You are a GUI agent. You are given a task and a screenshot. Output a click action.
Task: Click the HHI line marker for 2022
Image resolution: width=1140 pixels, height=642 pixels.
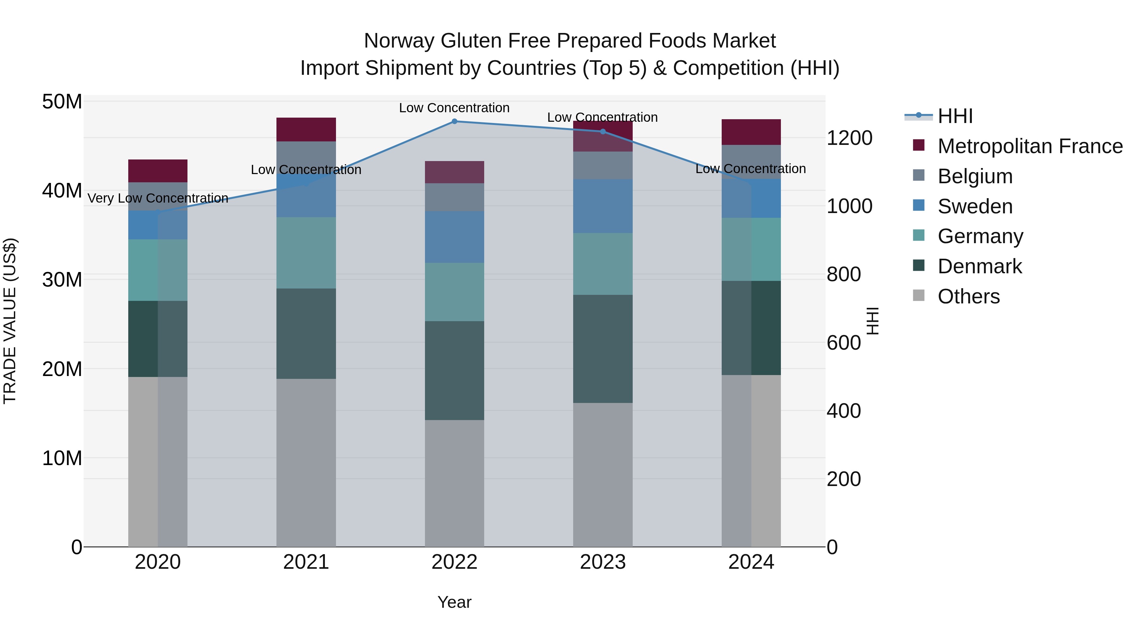(454, 121)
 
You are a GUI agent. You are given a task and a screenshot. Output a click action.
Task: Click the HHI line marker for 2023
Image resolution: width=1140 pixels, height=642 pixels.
(603, 132)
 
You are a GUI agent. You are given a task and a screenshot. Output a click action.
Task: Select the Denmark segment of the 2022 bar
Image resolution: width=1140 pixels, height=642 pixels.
(454, 370)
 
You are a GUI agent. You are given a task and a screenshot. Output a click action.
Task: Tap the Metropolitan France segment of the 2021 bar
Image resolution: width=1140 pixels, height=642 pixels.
(306, 129)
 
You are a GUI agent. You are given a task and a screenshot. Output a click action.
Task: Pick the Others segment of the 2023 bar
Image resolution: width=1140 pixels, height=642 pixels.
(603, 475)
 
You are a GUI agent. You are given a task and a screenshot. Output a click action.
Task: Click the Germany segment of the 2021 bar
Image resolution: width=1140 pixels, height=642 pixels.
(306, 253)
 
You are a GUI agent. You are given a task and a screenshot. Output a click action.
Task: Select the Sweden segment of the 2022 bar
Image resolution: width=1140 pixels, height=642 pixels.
(454, 237)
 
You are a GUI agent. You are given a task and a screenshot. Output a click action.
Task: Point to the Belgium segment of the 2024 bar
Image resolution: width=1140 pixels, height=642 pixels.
(751, 162)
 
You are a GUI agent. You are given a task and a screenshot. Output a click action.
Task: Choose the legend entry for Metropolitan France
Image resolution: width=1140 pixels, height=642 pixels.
(1029, 146)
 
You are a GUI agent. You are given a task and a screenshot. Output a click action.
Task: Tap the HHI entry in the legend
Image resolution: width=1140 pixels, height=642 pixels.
(955, 116)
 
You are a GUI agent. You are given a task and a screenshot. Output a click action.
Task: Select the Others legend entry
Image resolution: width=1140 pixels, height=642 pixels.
(968, 296)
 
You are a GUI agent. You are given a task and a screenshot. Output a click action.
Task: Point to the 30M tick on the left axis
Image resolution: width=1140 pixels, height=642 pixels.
(62, 280)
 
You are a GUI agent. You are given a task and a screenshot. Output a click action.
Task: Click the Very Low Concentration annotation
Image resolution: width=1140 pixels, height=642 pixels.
(158, 198)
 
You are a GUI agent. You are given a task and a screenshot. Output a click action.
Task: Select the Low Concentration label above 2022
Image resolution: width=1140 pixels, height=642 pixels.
(454, 108)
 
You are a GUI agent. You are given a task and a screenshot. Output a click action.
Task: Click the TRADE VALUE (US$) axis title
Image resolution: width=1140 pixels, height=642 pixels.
(10, 321)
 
